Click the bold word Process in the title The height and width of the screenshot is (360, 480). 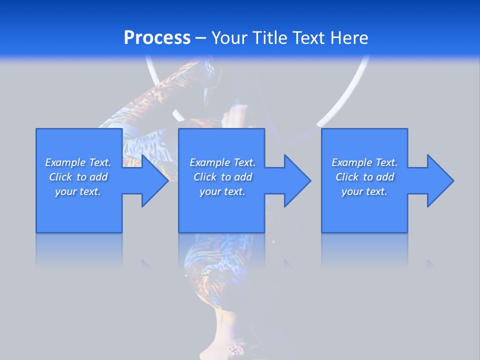[x=157, y=38]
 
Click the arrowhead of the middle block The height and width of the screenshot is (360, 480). [x=296, y=180]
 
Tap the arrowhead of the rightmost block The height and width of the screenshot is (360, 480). [x=439, y=180]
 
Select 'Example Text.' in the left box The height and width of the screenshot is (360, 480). [x=78, y=162]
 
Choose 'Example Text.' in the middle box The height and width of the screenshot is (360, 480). [x=222, y=162]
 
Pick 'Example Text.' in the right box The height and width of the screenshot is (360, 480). [x=364, y=162]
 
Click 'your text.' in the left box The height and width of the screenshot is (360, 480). [x=78, y=191]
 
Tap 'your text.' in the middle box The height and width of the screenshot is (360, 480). [x=222, y=191]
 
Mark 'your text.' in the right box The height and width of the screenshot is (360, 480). [x=364, y=191]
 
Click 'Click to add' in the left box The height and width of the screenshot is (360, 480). [x=78, y=177]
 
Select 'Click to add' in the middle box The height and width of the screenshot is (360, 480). [x=222, y=177]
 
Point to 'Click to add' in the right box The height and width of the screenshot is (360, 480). [x=364, y=177]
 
